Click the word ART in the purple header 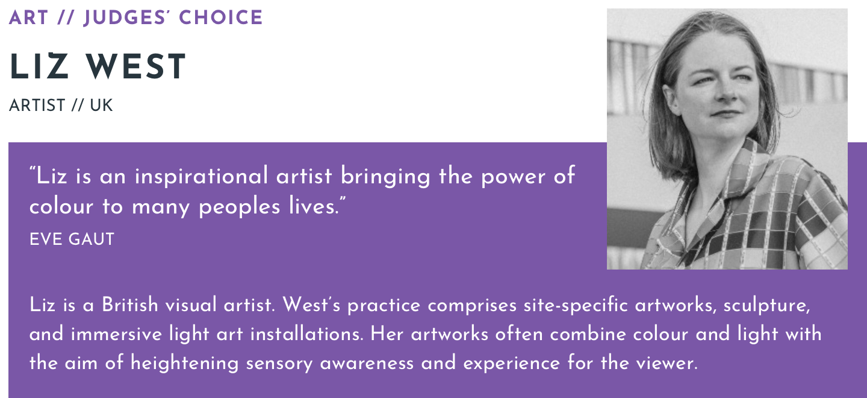(x=28, y=17)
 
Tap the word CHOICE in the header (x=220, y=17)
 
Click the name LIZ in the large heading (x=39, y=66)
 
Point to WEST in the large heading (x=136, y=66)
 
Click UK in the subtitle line (x=101, y=106)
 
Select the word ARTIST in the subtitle (x=37, y=106)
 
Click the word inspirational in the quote (x=201, y=176)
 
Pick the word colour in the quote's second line (x=61, y=206)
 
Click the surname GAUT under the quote (x=92, y=239)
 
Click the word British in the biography (x=130, y=305)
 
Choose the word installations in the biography (x=306, y=333)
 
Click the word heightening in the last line (x=184, y=364)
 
